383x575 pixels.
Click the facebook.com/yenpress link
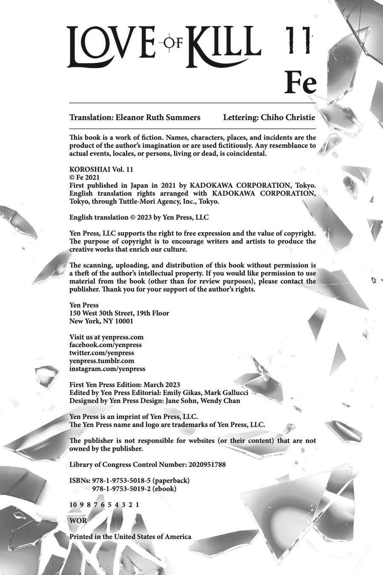(106, 345)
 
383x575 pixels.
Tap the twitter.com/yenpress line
(102, 353)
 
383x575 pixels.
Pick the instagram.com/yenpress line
(107, 369)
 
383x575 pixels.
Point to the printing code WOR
(78, 520)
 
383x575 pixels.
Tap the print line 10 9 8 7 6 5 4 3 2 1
(104, 504)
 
